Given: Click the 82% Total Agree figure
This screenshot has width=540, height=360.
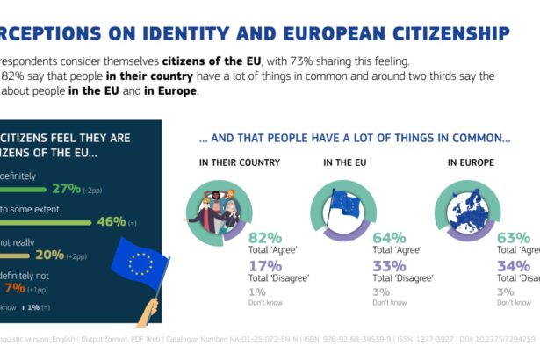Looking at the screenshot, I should click(x=264, y=238).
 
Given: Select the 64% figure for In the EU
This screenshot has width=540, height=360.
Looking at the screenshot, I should click(x=389, y=238).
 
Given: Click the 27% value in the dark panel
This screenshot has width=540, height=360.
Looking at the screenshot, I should click(x=66, y=189).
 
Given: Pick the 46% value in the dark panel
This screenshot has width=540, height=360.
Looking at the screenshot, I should click(x=111, y=221).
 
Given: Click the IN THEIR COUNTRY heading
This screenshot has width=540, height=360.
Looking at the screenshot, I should click(x=227, y=162).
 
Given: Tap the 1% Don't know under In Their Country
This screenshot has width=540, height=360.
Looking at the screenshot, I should click(x=256, y=292).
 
